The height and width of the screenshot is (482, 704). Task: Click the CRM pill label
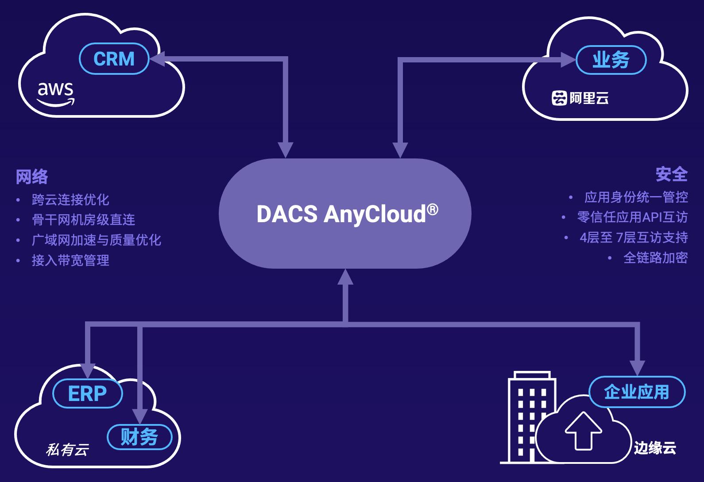tap(114, 59)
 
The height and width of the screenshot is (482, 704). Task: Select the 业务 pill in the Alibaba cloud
tap(611, 60)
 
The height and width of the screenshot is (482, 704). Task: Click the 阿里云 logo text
tap(580, 98)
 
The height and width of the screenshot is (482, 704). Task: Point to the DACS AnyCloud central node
tap(345, 214)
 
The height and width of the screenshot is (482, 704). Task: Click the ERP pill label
tap(87, 393)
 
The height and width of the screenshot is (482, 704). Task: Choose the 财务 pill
tap(139, 437)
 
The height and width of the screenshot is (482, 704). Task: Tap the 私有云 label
tap(67, 450)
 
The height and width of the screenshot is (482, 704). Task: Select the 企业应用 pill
tap(637, 392)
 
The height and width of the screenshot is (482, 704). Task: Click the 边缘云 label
tap(655, 448)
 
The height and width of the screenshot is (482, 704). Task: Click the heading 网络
tap(32, 177)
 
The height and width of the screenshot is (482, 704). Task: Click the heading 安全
tap(671, 174)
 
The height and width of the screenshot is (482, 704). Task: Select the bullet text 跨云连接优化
tap(70, 200)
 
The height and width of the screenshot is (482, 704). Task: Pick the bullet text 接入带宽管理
tap(70, 260)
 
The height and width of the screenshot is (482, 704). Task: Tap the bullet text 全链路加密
tap(655, 258)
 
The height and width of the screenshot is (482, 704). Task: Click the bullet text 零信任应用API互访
tap(632, 217)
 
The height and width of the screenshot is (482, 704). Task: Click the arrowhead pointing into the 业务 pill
tap(568, 60)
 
